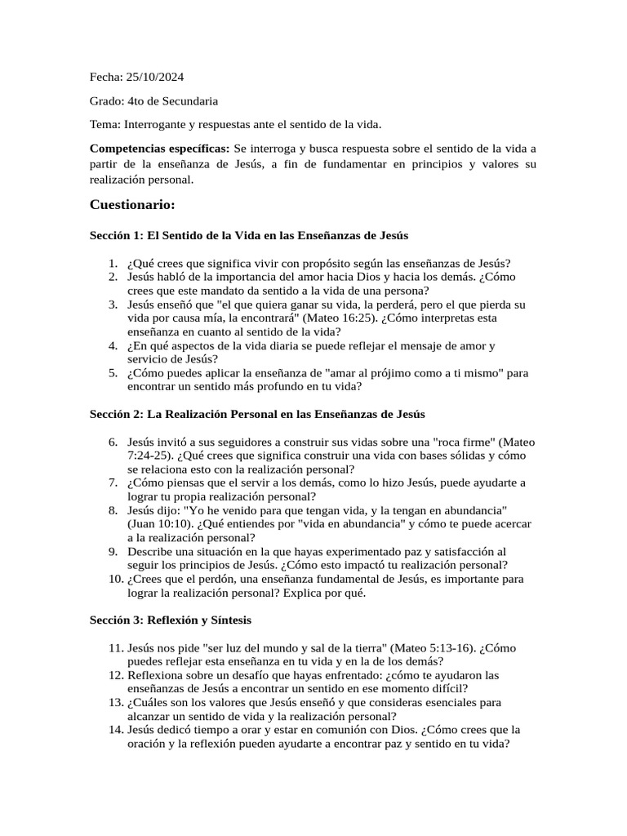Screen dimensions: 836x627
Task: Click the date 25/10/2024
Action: (x=155, y=78)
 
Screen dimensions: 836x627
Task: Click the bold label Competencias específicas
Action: (x=160, y=149)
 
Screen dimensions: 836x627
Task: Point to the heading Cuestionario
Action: (x=132, y=204)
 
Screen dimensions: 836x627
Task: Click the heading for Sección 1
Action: (x=249, y=235)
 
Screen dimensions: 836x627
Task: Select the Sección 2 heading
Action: (x=257, y=415)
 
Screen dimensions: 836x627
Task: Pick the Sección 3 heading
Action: (x=171, y=620)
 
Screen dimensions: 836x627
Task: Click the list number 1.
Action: (x=113, y=263)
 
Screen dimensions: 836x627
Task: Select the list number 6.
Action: (x=113, y=442)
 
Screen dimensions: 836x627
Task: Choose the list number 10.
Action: (x=115, y=580)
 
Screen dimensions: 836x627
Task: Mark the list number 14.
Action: (x=115, y=730)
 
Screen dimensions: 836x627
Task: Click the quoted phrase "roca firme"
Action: (x=462, y=442)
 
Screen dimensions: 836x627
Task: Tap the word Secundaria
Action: (x=189, y=101)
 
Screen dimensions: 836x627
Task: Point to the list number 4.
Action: (x=113, y=346)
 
